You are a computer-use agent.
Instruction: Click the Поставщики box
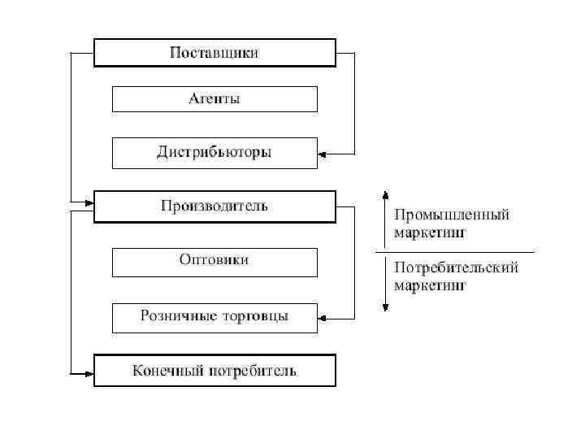tap(214, 53)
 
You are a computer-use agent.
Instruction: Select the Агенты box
tap(214, 99)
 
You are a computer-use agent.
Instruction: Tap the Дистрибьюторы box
tap(214, 152)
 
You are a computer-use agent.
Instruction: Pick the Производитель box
tap(214, 206)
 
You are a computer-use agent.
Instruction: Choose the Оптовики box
tap(214, 261)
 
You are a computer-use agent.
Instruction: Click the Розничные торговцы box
tap(214, 317)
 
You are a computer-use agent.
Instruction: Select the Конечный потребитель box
tap(214, 372)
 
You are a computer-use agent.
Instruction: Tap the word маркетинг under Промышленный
tap(430, 234)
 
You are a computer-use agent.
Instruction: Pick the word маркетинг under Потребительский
tap(430, 285)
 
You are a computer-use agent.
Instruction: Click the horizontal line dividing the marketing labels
tap(455, 252)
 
